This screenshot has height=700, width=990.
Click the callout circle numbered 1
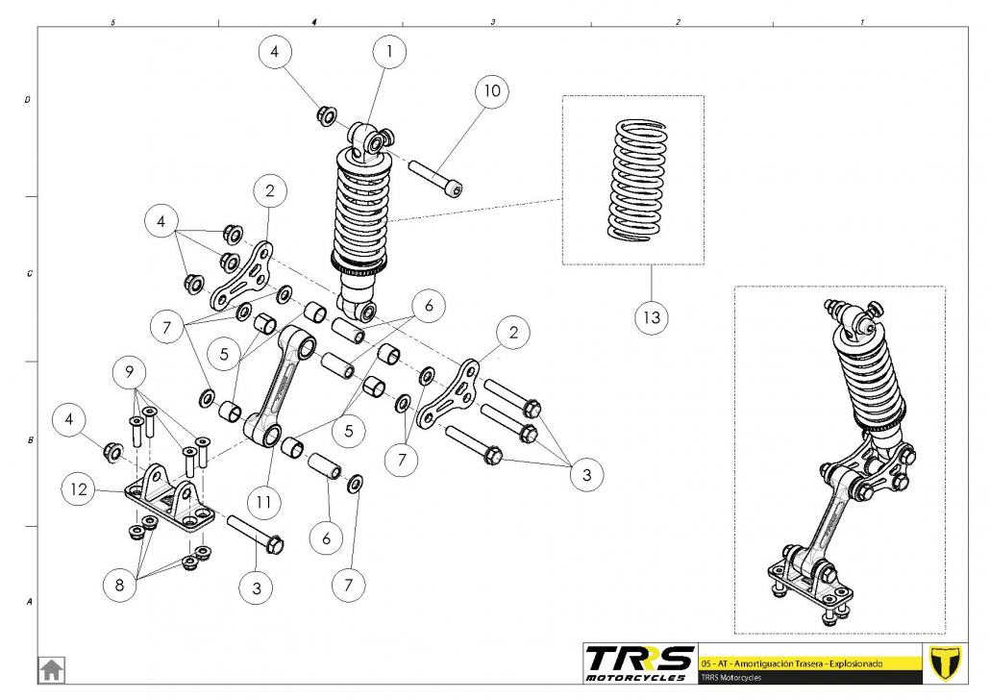click(x=389, y=54)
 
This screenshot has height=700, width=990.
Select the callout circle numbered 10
click(x=492, y=91)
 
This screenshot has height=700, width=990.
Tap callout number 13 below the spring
click(x=653, y=315)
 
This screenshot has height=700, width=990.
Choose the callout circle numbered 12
click(x=80, y=489)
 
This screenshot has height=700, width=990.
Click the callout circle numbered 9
click(x=131, y=371)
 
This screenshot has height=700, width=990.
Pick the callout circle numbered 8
click(x=121, y=583)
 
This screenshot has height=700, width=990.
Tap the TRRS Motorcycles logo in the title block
click(x=639, y=662)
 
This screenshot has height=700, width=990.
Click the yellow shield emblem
click(x=945, y=662)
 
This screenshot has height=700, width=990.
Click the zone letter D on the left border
click(x=27, y=99)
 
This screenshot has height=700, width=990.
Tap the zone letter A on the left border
click(x=27, y=602)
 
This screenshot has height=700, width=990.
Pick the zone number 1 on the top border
click(x=862, y=20)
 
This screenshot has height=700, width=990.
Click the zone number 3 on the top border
click(x=492, y=20)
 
